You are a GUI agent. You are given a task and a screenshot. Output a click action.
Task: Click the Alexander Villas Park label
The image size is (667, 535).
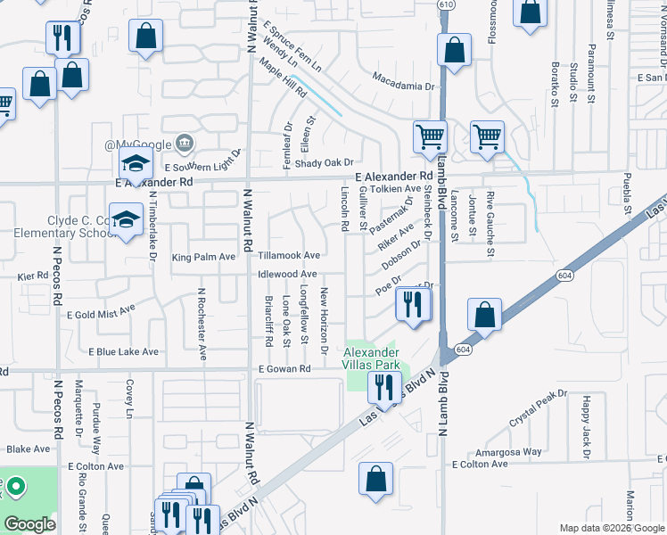[x=373, y=358]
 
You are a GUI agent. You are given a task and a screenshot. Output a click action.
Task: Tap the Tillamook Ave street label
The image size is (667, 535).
[x=288, y=256]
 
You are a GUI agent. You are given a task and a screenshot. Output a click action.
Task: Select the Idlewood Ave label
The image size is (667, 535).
[x=287, y=274]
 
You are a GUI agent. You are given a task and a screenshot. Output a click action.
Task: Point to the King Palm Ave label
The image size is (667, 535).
[x=203, y=257]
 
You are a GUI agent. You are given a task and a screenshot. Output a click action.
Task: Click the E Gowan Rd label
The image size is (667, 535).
[x=284, y=368]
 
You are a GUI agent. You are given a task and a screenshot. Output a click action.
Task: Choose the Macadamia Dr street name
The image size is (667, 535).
[x=403, y=87]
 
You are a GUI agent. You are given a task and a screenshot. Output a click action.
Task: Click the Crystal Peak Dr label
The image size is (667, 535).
[x=538, y=407]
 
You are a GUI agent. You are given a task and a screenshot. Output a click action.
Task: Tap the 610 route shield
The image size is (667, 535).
[x=446, y=5]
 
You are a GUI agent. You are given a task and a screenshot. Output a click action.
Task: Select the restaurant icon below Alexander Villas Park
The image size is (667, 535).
[x=384, y=386]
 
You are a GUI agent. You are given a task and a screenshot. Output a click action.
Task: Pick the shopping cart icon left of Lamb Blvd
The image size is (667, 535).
[x=430, y=136]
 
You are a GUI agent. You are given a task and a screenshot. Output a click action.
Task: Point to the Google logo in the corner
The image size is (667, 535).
[x=29, y=524]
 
